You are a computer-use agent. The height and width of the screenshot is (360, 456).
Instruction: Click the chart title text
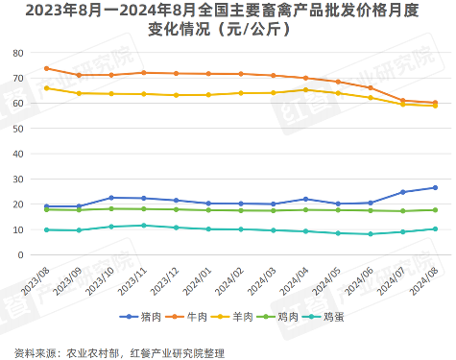click(x=228, y=20)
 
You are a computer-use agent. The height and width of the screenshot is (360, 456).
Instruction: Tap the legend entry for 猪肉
click(x=144, y=316)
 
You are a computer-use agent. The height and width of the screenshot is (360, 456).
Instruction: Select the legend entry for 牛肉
click(x=195, y=316)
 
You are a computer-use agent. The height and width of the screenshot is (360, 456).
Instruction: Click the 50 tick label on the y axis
click(x=18, y=128)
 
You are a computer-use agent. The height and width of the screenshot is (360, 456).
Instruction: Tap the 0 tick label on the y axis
click(x=21, y=255)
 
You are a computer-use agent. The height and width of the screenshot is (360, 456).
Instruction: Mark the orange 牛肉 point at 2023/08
click(x=46, y=68)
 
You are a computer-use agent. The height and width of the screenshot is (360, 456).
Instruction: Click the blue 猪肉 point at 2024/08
click(x=435, y=188)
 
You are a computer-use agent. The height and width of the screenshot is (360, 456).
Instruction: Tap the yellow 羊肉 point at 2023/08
click(x=46, y=88)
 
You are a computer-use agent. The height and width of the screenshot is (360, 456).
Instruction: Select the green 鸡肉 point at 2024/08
click(x=435, y=210)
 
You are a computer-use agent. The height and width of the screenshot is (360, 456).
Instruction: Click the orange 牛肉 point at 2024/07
click(x=402, y=101)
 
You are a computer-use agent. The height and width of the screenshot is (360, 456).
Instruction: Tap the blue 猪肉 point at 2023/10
click(x=111, y=198)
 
